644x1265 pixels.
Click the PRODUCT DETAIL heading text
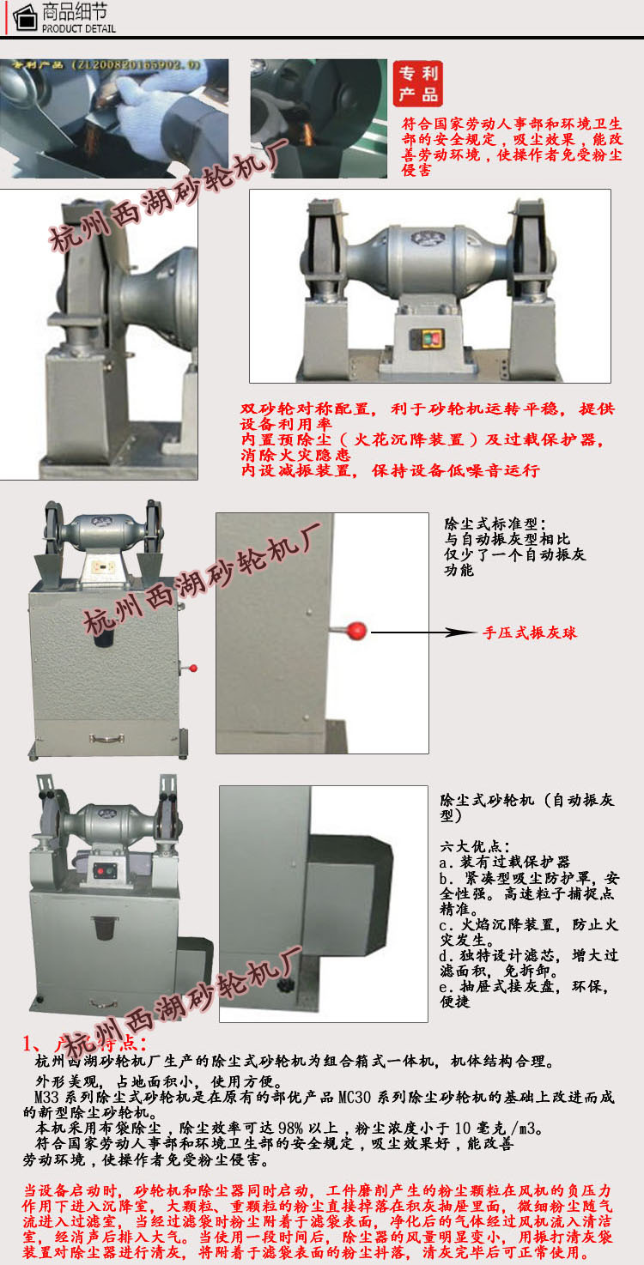(78, 28)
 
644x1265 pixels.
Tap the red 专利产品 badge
(418, 83)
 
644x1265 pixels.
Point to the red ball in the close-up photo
(356, 632)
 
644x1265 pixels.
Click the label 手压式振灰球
(529, 633)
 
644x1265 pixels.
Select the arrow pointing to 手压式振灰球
(422, 632)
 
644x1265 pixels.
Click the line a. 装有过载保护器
(504, 862)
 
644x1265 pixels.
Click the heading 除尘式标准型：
(494, 524)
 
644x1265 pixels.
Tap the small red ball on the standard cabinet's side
(194, 668)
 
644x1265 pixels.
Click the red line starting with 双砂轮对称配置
(428, 409)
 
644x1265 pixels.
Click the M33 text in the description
(46, 1097)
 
